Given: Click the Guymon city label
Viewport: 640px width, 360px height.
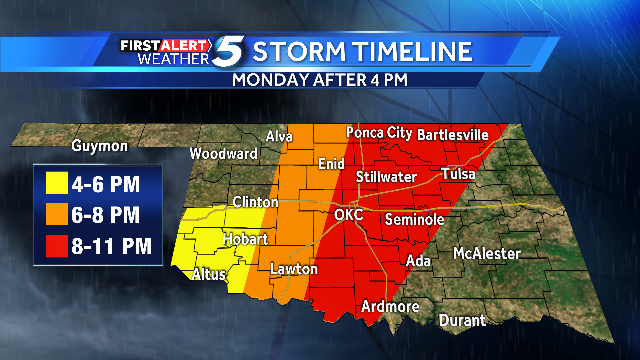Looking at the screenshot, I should (x=100, y=146).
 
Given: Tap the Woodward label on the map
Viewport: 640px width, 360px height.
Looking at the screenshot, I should (x=224, y=154).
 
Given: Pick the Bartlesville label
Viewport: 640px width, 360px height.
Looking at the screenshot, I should (x=452, y=132).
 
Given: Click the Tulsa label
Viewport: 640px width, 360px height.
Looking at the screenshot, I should (x=459, y=174).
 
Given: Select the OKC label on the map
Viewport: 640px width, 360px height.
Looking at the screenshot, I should (x=349, y=215).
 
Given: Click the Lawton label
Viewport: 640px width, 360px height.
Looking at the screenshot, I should (x=294, y=269).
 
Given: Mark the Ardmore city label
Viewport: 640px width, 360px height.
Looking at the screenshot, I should (x=388, y=306).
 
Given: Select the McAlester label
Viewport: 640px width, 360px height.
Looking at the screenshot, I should (x=487, y=253).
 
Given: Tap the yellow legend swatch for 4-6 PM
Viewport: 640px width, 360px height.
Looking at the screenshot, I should (x=57, y=184).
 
